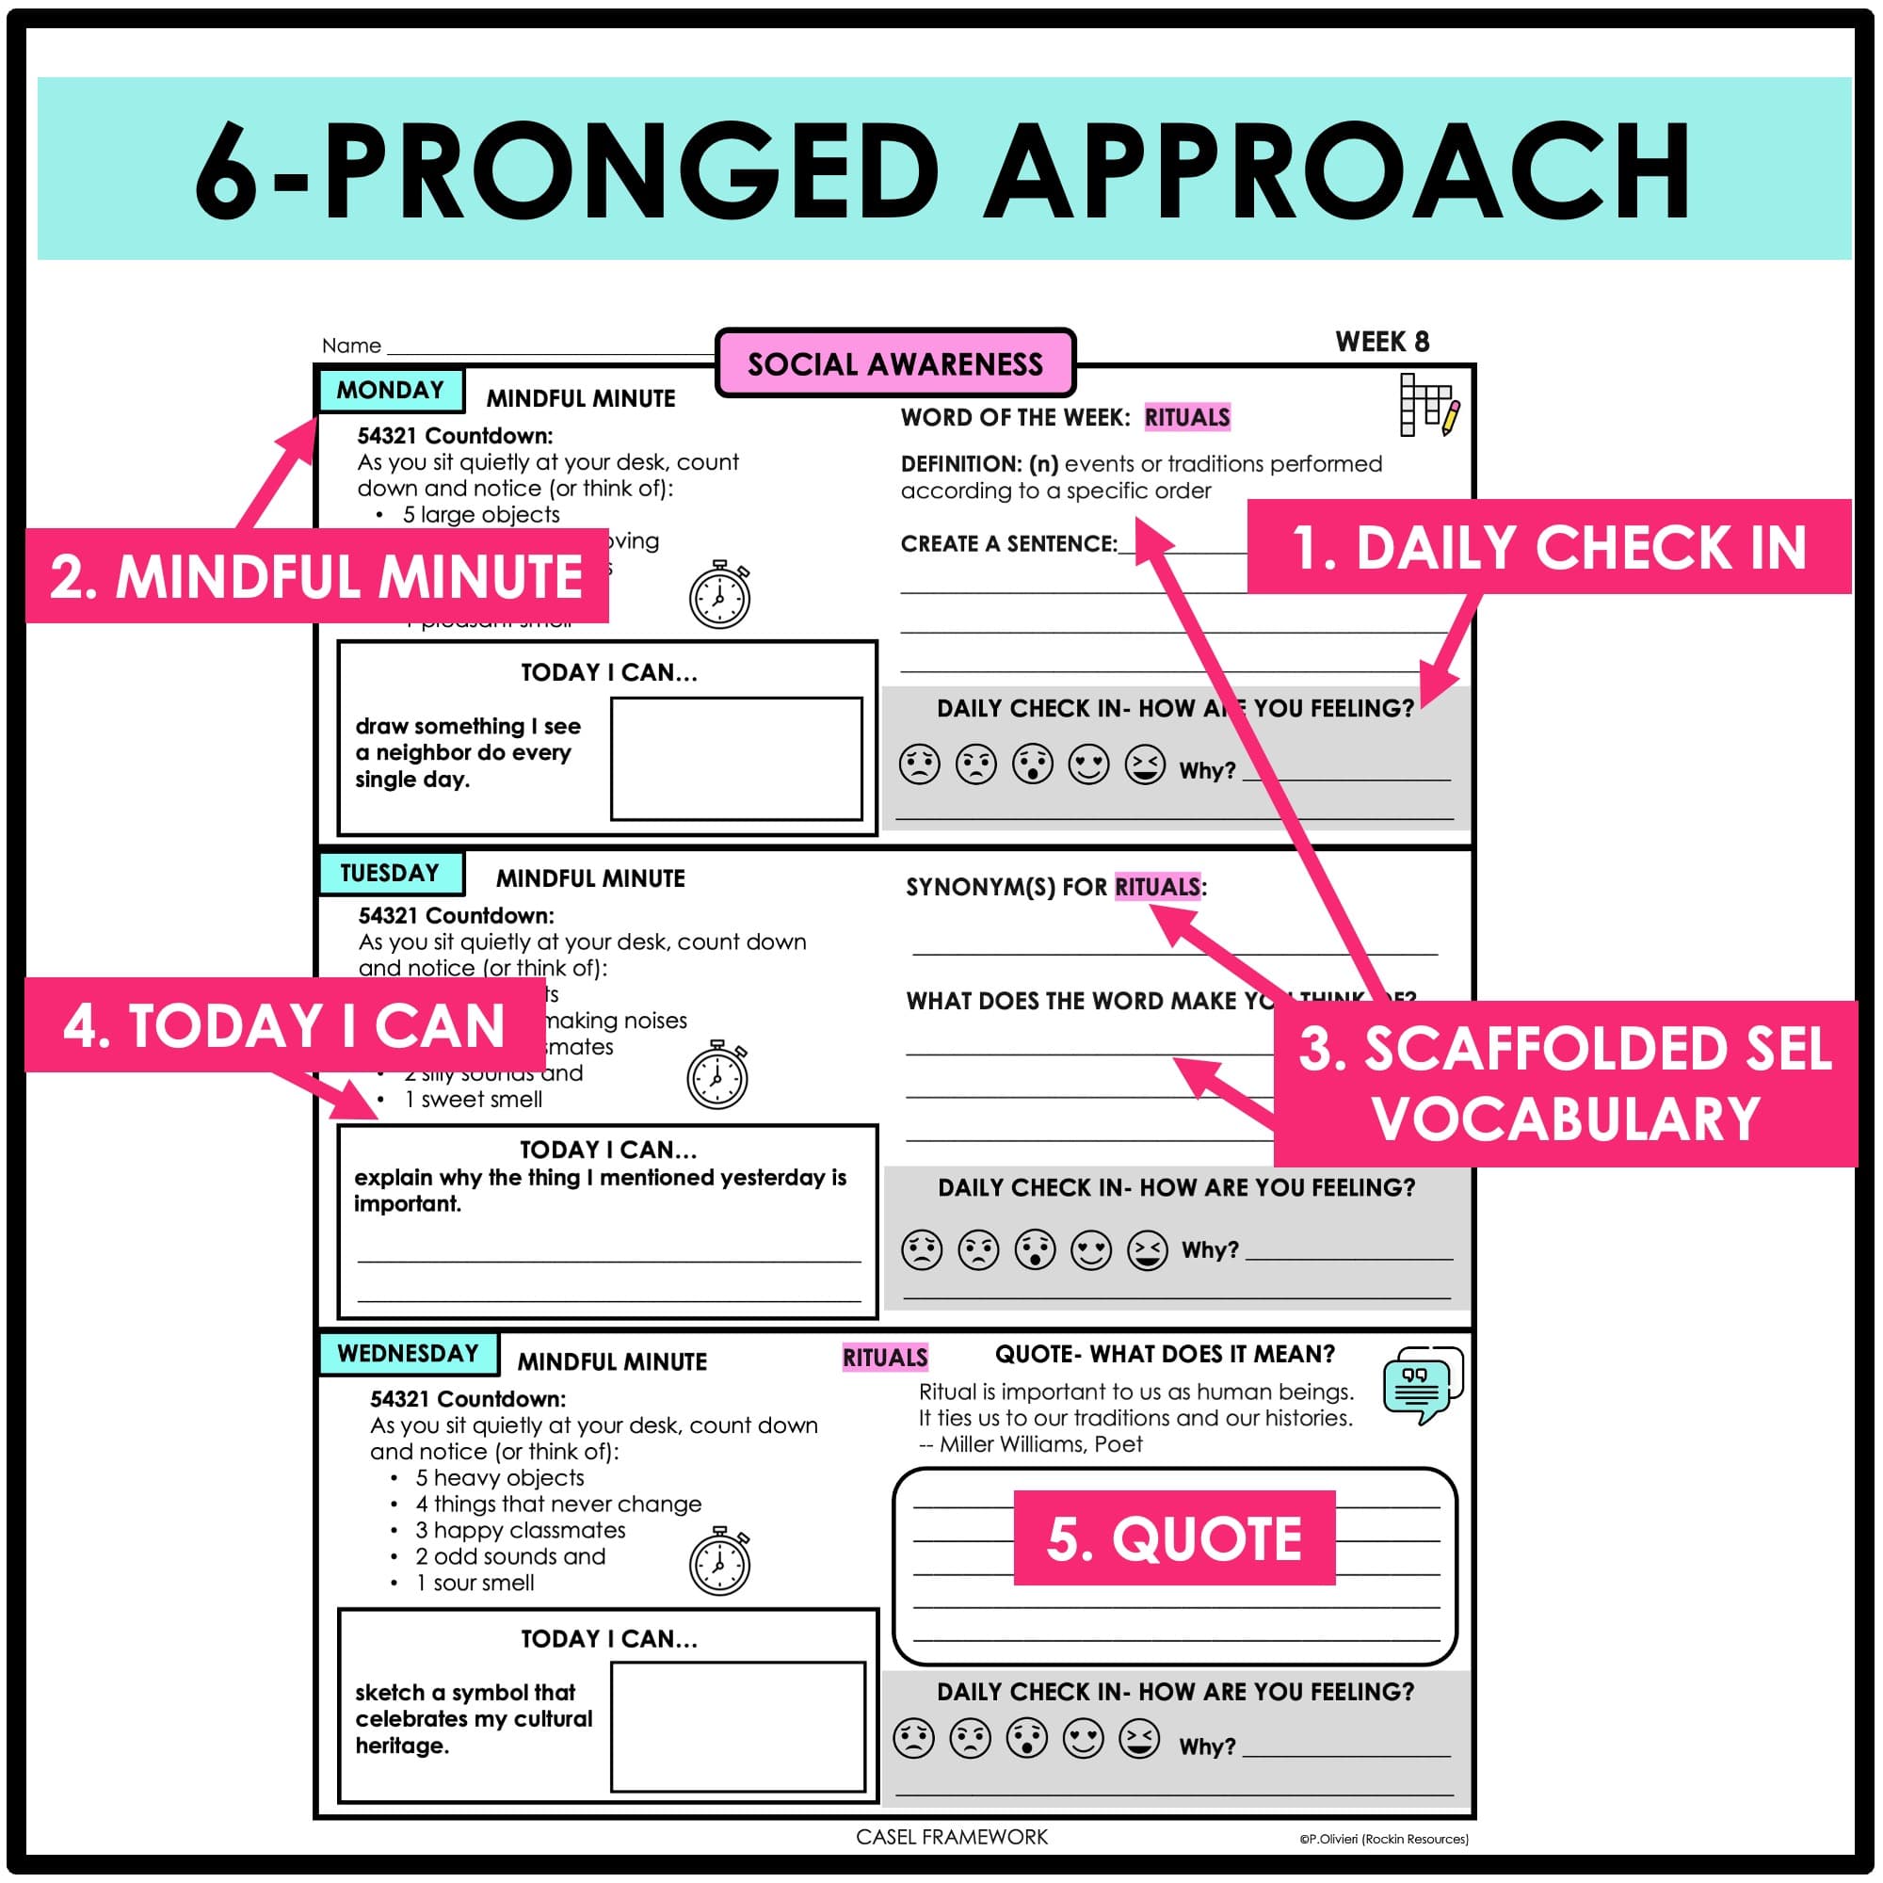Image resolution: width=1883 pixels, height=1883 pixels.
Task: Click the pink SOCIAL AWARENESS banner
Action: pos(894,363)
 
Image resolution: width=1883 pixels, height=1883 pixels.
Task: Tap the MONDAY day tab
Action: pos(390,390)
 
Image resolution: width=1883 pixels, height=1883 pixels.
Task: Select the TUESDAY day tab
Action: pos(390,873)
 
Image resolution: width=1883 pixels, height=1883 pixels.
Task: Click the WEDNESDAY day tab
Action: pos(408,1353)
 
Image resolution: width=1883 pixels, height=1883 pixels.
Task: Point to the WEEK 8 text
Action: pos(1381,342)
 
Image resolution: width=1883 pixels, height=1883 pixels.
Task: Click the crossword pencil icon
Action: pos(1429,405)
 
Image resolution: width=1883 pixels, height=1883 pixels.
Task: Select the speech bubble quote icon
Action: pos(1422,1385)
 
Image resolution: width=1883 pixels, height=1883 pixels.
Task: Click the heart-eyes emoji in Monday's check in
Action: pos(1088,764)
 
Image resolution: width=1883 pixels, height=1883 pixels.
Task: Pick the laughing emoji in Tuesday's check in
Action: pos(1147,1249)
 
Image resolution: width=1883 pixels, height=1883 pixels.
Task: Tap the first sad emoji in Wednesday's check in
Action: pos(913,1738)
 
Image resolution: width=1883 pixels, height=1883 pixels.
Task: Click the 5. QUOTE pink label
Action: pos(1173,1538)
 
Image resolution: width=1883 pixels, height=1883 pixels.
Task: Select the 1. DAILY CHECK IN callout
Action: pos(1548,547)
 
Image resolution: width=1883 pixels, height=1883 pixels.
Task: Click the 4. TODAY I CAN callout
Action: pos(283,1025)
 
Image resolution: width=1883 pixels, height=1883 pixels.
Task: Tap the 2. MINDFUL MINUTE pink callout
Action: pos(316,576)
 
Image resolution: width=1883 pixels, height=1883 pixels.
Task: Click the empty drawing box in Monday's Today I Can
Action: pos(736,758)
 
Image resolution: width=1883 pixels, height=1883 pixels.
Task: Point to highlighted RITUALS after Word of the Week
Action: pos(1186,417)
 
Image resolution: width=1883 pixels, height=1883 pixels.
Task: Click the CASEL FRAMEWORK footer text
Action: pos(951,1836)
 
